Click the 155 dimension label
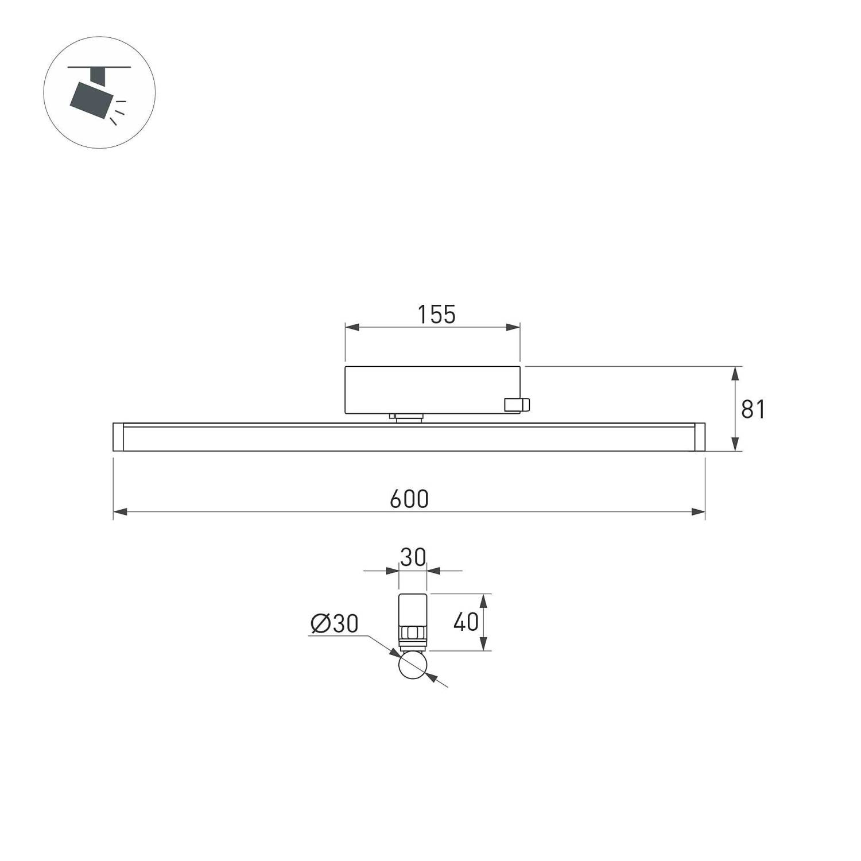(x=436, y=315)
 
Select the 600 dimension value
(x=409, y=499)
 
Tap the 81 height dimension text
(x=753, y=409)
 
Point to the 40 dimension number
(x=466, y=622)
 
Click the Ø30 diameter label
(x=335, y=623)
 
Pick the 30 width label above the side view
(x=413, y=557)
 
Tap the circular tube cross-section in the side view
(x=413, y=666)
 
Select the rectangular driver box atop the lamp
(x=432, y=390)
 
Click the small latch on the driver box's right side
(x=517, y=405)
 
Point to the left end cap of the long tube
(x=118, y=437)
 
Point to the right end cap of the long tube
(x=699, y=437)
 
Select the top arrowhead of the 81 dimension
(x=734, y=374)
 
